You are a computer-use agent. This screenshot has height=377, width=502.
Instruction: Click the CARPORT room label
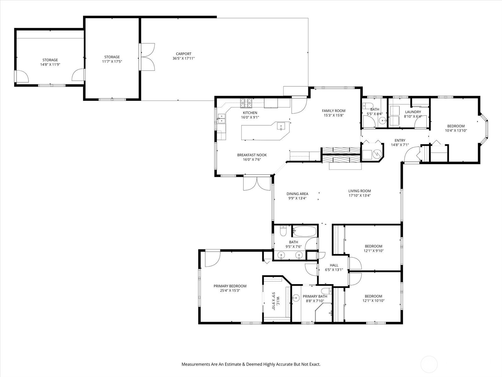pyautogui.click(x=184, y=54)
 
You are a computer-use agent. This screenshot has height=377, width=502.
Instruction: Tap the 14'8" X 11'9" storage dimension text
pyautogui.click(x=50, y=64)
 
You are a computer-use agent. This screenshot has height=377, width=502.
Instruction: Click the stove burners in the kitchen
pyautogui.click(x=246, y=103)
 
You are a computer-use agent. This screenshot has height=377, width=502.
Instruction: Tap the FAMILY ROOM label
pyautogui.click(x=334, y=111)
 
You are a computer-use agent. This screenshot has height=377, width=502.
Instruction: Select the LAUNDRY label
pyautogui.click(x=413, y=112)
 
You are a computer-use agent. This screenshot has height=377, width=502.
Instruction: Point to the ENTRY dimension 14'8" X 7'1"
pyautogui.click(x=400, y=145)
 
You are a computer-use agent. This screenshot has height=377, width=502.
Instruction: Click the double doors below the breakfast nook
pyautogui.click(x=257, y=183)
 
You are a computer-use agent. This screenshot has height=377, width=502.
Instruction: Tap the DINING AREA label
pyautogui.click(x=297, y=194)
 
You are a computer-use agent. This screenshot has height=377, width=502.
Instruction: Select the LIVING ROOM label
pyautogui.click(x=360, y=191)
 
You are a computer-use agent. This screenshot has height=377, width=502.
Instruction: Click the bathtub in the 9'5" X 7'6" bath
pyautogui.click(x=305, y=231)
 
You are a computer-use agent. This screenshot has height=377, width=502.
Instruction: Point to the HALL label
pyautogui.click(x=334, y=265)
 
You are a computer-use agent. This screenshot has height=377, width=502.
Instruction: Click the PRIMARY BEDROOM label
pyautogui.click(x=230, y=286)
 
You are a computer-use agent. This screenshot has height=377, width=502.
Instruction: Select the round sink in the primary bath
pyautogui.click(x=296, y=298)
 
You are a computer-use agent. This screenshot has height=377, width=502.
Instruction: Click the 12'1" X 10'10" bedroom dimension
pyautogui.click(x=373, y=301)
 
